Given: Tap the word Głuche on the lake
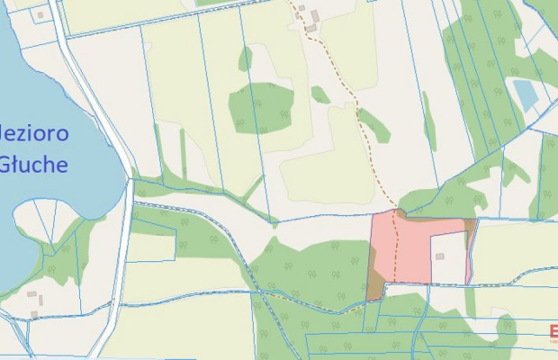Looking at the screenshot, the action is pos(34,165).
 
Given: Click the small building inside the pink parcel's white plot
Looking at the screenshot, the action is pos(440,256).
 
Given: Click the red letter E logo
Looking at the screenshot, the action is pos(553,331).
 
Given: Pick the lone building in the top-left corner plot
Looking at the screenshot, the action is pos(40,14).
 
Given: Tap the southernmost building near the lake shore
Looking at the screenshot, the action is pos(35,314).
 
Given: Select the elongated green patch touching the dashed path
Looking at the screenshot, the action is pos(374,124).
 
